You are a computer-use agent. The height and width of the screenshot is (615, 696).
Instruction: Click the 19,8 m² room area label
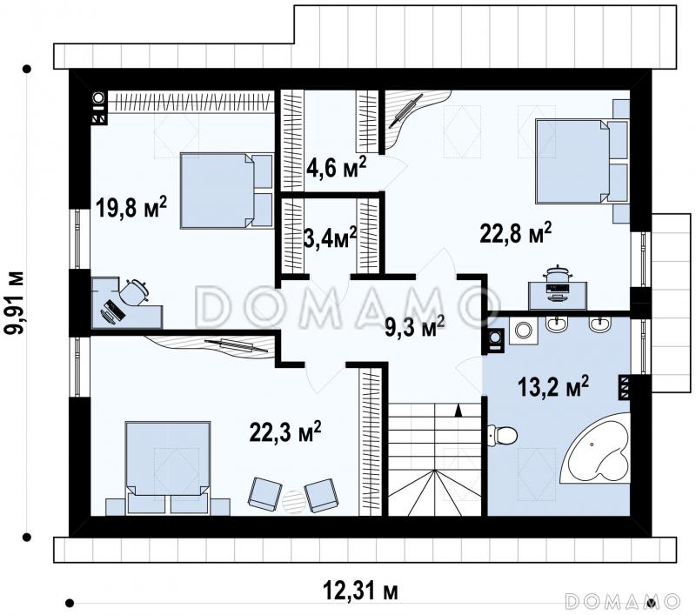[x=131, y=208]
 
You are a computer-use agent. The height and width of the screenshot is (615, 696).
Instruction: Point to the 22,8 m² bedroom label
[x=515, y=233]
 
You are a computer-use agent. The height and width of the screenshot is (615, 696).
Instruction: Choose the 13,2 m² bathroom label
[x=553, y=386]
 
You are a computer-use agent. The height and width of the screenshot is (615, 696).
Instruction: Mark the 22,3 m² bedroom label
[x=285, y=431]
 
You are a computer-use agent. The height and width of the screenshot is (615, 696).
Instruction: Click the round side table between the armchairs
[x=293, y=501]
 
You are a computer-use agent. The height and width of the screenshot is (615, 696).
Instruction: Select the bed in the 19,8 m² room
[x=226, y=191]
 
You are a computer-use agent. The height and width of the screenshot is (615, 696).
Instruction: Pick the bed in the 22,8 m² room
[x=582, y=161]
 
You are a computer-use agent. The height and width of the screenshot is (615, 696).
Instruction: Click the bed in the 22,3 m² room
[x=168, y=468]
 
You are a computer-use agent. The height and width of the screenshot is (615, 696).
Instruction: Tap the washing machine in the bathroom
[x=524, y=331]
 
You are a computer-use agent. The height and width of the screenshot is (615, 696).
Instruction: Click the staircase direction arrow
[x=458, y=411]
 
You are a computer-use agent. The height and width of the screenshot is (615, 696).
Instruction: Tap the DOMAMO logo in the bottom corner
[x=622, y=601]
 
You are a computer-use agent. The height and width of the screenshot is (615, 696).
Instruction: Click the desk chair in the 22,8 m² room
[x=557, y=273]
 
